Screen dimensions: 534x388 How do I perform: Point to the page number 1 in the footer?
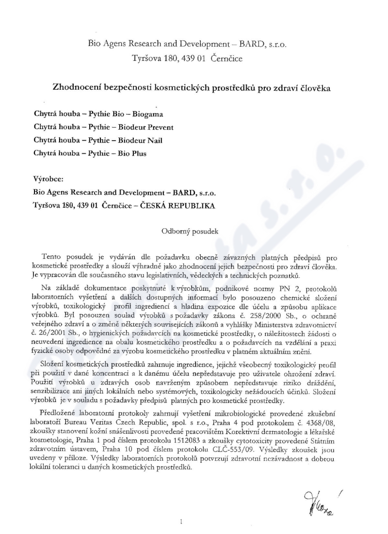[x=180, y=523]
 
